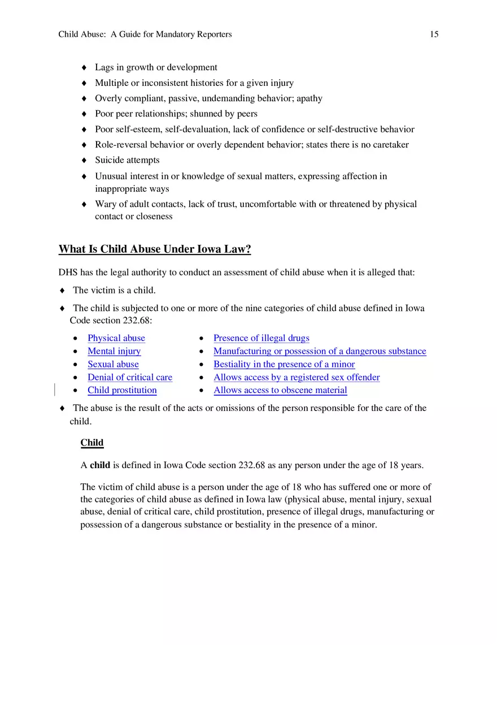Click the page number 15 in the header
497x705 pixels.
[x=434, y=34]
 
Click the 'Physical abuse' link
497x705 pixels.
[x=116, y=338]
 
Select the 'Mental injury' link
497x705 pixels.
[x=114, y=351]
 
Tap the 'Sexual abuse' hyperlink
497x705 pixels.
[x=113, y=364]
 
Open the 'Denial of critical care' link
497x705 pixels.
[x=130, y=377]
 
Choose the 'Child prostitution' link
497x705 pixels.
[x=122, y=390]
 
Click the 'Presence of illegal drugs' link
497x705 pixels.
[x=261, y=338]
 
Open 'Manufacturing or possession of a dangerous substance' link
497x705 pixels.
[x=320, y=351]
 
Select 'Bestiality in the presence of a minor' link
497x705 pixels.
[x=284, y=364]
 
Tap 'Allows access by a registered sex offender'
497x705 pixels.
[x=297, y=377]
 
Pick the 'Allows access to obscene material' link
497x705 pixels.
[x=280, y=390]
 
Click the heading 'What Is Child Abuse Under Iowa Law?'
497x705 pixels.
[x=155, y=249]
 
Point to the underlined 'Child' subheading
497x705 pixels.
[x=92, y=443]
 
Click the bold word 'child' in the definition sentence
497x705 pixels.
[x=100, y=465]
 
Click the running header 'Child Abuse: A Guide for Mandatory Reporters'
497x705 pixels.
[x=145, y=34]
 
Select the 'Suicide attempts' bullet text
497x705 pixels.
[x=127, y=160]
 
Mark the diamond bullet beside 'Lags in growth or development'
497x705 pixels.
[x=84, y=68]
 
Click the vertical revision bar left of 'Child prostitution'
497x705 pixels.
[x=55, y=390]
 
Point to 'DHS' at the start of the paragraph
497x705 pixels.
[x=68, y=273]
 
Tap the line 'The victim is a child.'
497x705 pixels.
[x=114, y=291]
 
